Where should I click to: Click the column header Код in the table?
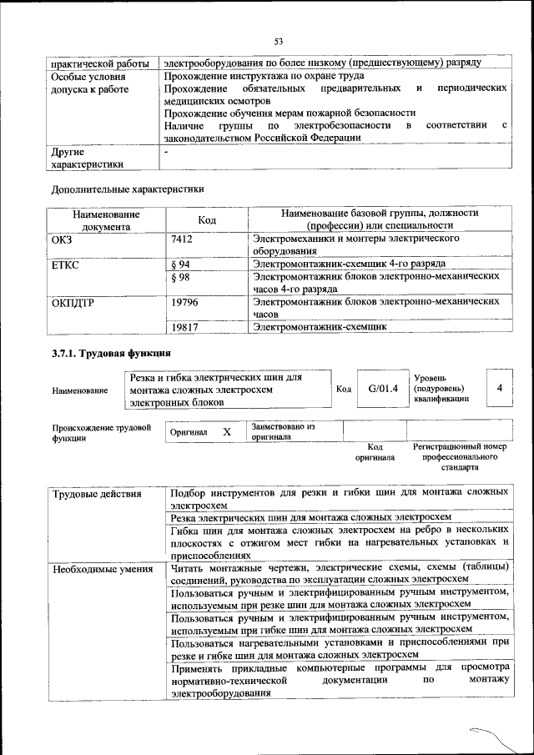(207, 219)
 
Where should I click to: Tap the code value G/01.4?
(383, 388)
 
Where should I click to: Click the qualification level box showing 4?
(499, 388)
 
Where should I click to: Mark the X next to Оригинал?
(226, 432)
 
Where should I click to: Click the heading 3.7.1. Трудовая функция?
(106, 355)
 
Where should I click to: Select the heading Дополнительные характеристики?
(127, 189)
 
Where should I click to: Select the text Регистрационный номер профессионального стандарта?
(459, 457)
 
